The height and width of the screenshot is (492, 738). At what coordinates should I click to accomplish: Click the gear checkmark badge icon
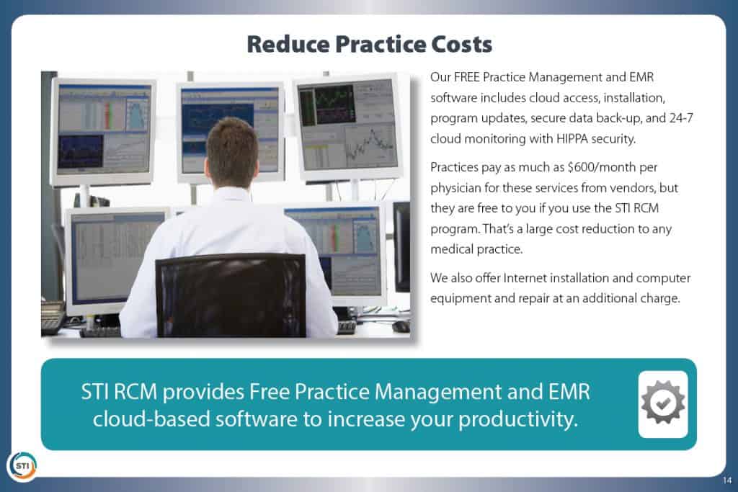tap(663, 404)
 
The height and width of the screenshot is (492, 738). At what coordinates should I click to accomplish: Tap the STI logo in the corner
tap(22, 466)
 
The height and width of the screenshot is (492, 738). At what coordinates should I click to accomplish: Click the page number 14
tap(727, 480)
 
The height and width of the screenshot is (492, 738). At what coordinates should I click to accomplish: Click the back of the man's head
tap(232, 151)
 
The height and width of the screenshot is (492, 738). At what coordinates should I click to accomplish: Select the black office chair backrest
tap(231, 295)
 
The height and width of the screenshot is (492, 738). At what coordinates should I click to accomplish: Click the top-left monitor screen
tap(104, 130)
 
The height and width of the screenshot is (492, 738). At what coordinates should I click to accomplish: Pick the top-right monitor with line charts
tap(347, 127)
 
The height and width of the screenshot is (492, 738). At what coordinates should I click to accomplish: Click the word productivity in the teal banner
tap(517, 419)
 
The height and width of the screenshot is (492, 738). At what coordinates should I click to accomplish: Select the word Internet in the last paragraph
tap(525, 278)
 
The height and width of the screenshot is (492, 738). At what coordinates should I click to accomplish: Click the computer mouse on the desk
tap(401, 326)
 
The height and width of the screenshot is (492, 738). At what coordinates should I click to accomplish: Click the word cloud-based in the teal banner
tap(151, 419)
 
